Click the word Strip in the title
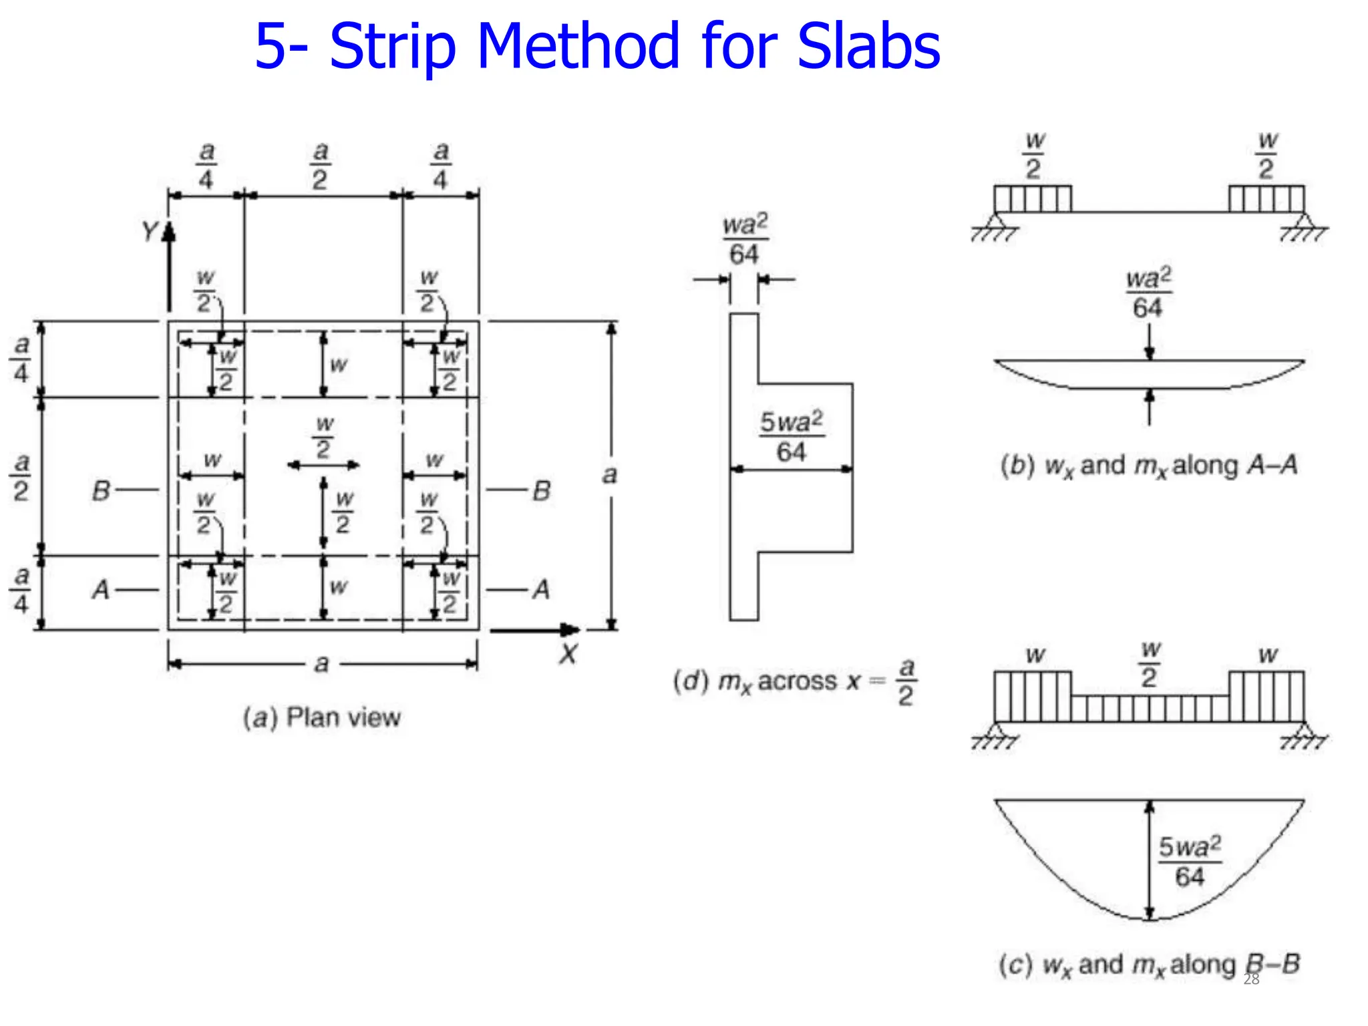393,47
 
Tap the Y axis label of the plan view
150,232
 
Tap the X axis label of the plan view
568,653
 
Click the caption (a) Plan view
322,717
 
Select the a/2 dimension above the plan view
321,166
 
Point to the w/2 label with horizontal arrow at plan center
324,438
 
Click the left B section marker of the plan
101,491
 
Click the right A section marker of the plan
541,590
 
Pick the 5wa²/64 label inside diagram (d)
792,436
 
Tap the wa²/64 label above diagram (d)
745,239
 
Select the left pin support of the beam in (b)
995,224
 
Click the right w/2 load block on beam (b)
1266,199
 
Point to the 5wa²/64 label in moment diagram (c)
1190,862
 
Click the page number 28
1251,979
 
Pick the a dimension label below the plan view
322,664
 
